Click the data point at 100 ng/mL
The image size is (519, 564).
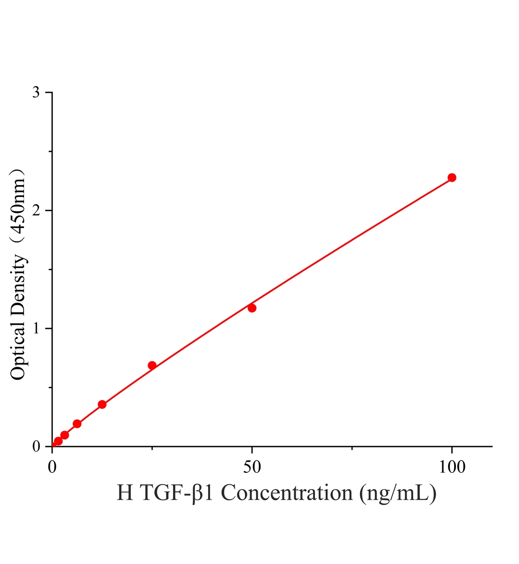451,177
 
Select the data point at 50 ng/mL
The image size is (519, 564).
252,308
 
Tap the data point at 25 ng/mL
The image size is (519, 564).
152,365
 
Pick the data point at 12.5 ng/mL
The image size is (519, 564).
102,404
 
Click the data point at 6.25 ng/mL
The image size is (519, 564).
77,423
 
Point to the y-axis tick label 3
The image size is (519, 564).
36,92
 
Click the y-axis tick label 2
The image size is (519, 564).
36,210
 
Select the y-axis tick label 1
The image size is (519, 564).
36,329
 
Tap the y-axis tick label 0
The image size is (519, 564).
36,446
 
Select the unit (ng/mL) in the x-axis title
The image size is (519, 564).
397,501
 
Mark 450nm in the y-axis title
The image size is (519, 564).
17,209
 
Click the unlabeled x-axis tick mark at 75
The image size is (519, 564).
352,448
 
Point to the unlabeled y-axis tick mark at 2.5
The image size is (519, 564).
50,151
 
